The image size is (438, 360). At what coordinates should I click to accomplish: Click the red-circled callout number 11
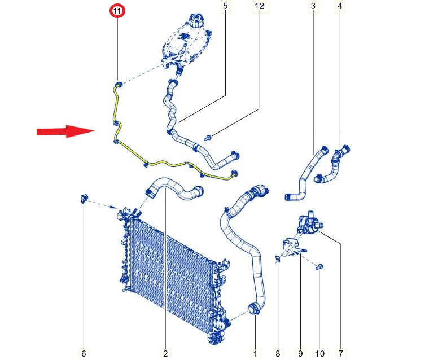tap(117, 11)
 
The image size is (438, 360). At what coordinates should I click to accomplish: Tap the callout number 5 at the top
tap(225, 6)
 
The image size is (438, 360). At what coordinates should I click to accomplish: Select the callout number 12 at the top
tap(260, 6)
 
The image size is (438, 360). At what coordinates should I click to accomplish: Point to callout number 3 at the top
tap(313, 6)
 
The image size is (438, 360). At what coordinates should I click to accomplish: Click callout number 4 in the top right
tap(340, 6)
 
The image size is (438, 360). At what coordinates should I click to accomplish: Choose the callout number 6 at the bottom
tap(84, 354)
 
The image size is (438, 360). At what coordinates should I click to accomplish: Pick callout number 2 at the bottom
tap(165, 354)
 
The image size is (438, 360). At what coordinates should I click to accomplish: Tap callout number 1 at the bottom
tap(255, 354)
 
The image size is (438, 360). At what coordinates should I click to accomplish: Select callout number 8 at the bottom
tap(278, 354)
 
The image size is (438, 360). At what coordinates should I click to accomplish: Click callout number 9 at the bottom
tap(300, 354)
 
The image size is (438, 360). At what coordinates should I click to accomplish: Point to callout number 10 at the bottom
tap(320, 354)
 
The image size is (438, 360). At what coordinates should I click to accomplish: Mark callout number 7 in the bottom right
tap(341, 354)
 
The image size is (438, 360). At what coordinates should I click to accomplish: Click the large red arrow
tap(65, 131)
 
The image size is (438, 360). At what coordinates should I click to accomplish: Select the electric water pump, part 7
tap(309, 223)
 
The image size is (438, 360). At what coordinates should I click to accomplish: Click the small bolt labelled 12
tap(208, 138)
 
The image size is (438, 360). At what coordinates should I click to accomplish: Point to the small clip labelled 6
tap(84, 199)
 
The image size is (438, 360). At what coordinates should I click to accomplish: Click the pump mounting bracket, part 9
tap(294, 247)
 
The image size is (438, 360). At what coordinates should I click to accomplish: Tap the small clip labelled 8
tap(277, 259)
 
